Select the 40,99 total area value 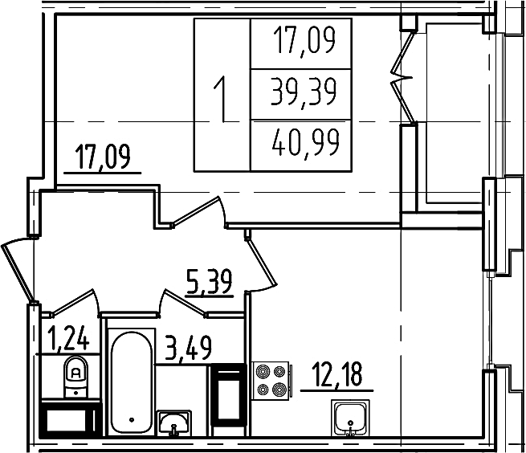pos(306,143)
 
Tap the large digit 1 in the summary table pos(222,100)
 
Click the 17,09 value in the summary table pos(304,41)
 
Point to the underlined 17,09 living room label pos(103,157)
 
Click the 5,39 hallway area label pos(209,283)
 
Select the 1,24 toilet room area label pos(68,340)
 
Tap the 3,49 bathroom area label pos(189,349)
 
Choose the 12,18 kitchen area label pos(337,376)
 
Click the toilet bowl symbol pos(75,377)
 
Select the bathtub pos(131,382)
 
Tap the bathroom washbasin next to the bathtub pos(173,422)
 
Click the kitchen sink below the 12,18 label pos(350,418)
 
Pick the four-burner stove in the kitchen pos(271,381)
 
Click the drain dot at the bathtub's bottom pos(132,419)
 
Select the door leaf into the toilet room pos(71,302)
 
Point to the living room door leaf pos(196,210)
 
